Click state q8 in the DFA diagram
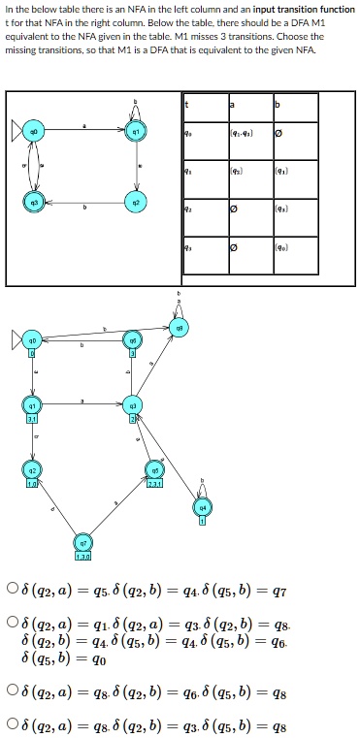pyautogui.click(x=179, y=331)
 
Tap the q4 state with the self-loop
pyautogui.click(x=201, y=508)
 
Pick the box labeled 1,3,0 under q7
pyautogui.click(x=84, y=556)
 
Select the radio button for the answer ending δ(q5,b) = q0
pyautogui.click(x=10, y=624)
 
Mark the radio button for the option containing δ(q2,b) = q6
pyautogui.click(x=10, y=691)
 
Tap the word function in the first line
pyautogui.click(x=335, y=8)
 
